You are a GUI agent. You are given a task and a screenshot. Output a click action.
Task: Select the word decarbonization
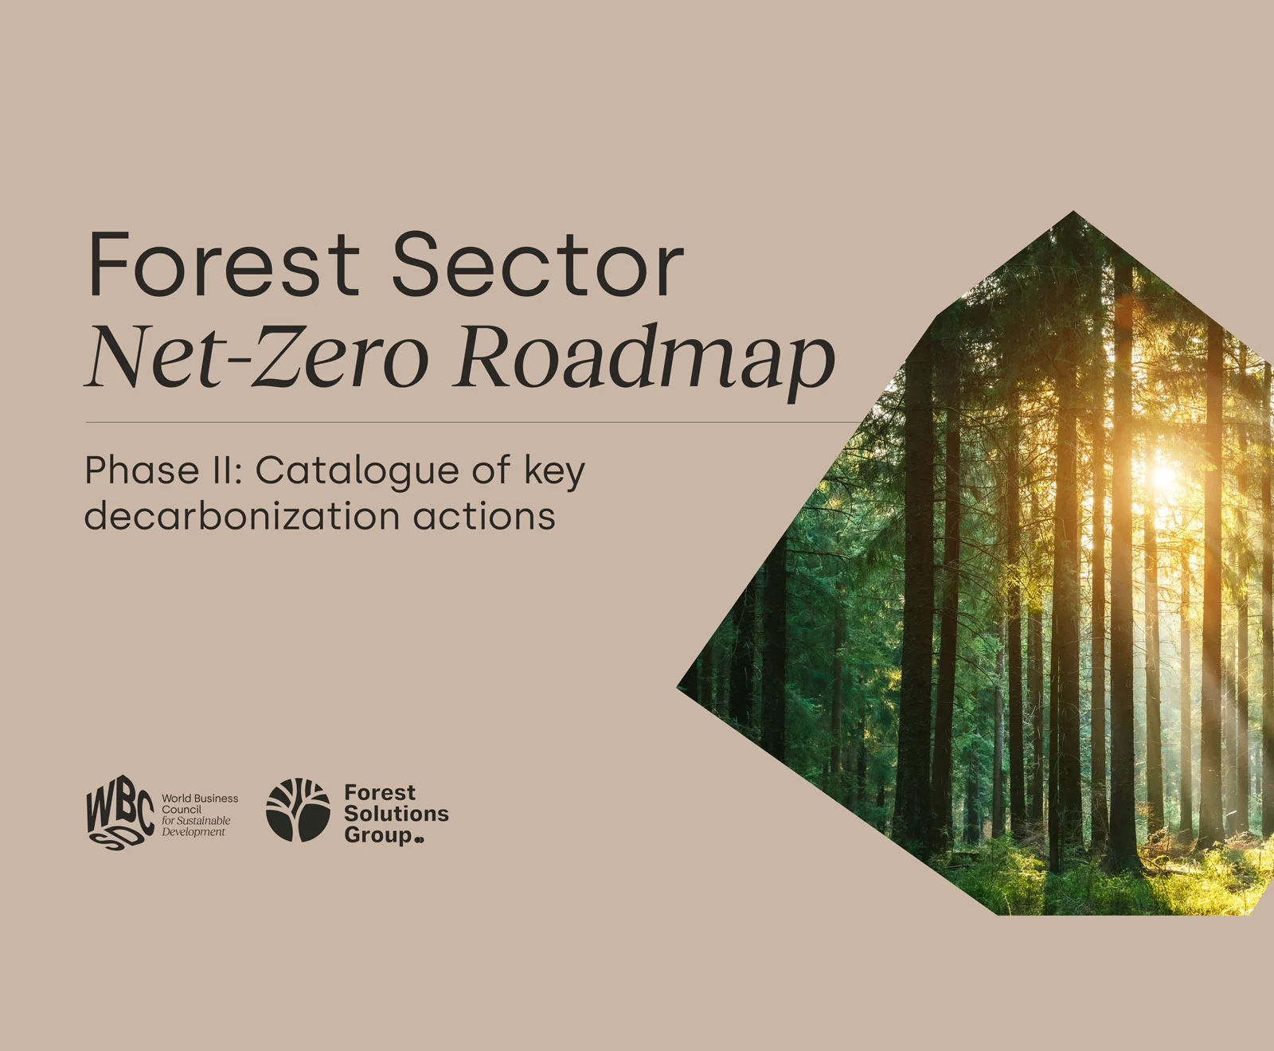pos(242,516)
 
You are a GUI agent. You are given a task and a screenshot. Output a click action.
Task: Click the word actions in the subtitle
pos(484,518)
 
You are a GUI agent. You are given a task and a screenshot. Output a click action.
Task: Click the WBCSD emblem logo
pos(119,815)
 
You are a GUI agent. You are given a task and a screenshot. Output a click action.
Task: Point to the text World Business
pos(200,799)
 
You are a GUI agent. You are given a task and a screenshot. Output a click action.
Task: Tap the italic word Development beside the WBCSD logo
pos(193,832)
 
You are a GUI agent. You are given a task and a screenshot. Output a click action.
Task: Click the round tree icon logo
pos(298,811)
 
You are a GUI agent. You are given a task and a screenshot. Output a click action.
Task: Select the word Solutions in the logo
pos(397,814)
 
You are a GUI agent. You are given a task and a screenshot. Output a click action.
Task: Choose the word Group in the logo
pos(379,836)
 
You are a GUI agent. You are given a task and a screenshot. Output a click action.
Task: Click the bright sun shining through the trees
pos(1164,476)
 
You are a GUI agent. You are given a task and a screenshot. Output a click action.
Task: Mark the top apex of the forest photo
pos(1073,211)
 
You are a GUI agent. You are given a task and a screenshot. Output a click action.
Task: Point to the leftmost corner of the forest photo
pos(678,686)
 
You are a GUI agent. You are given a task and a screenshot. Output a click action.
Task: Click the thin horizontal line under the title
pos(475,422)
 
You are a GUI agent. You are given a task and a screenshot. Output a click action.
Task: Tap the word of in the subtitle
pos(490,471)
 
